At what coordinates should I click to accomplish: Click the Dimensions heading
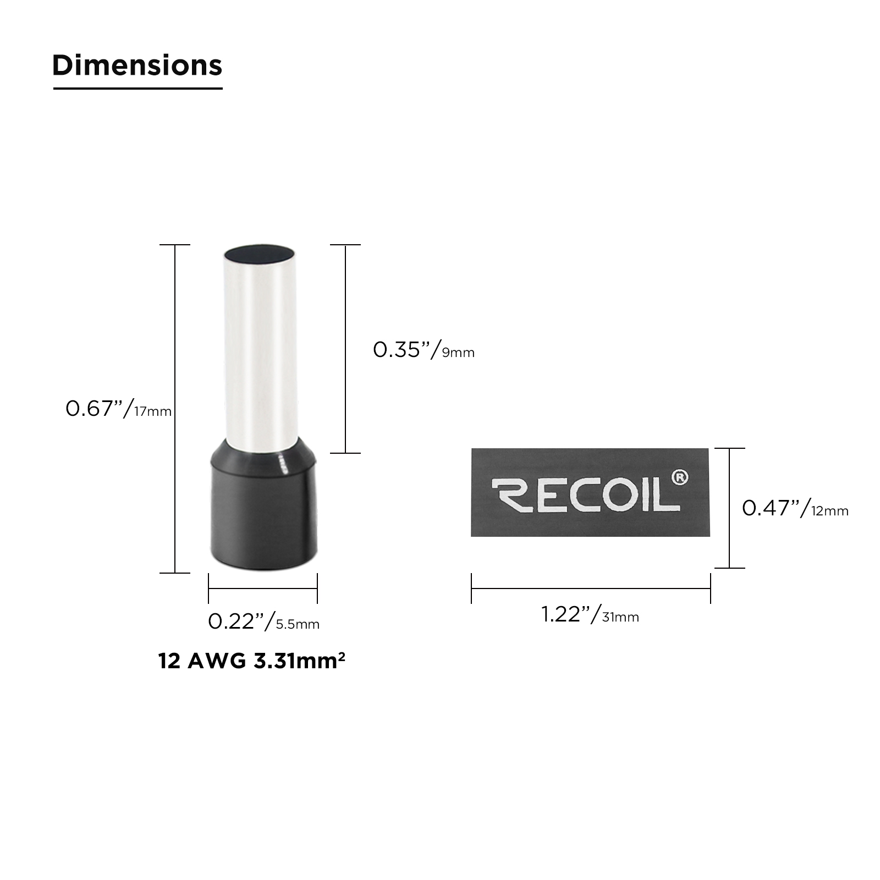137,65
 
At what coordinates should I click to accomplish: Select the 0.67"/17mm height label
118,409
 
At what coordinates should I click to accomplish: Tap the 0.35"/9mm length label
424,350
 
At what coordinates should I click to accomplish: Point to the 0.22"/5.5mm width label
263,621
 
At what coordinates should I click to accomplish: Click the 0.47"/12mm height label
795,508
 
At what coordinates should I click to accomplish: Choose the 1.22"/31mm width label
590,614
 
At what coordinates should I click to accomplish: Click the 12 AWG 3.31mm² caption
252,661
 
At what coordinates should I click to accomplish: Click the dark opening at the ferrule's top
260,254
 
